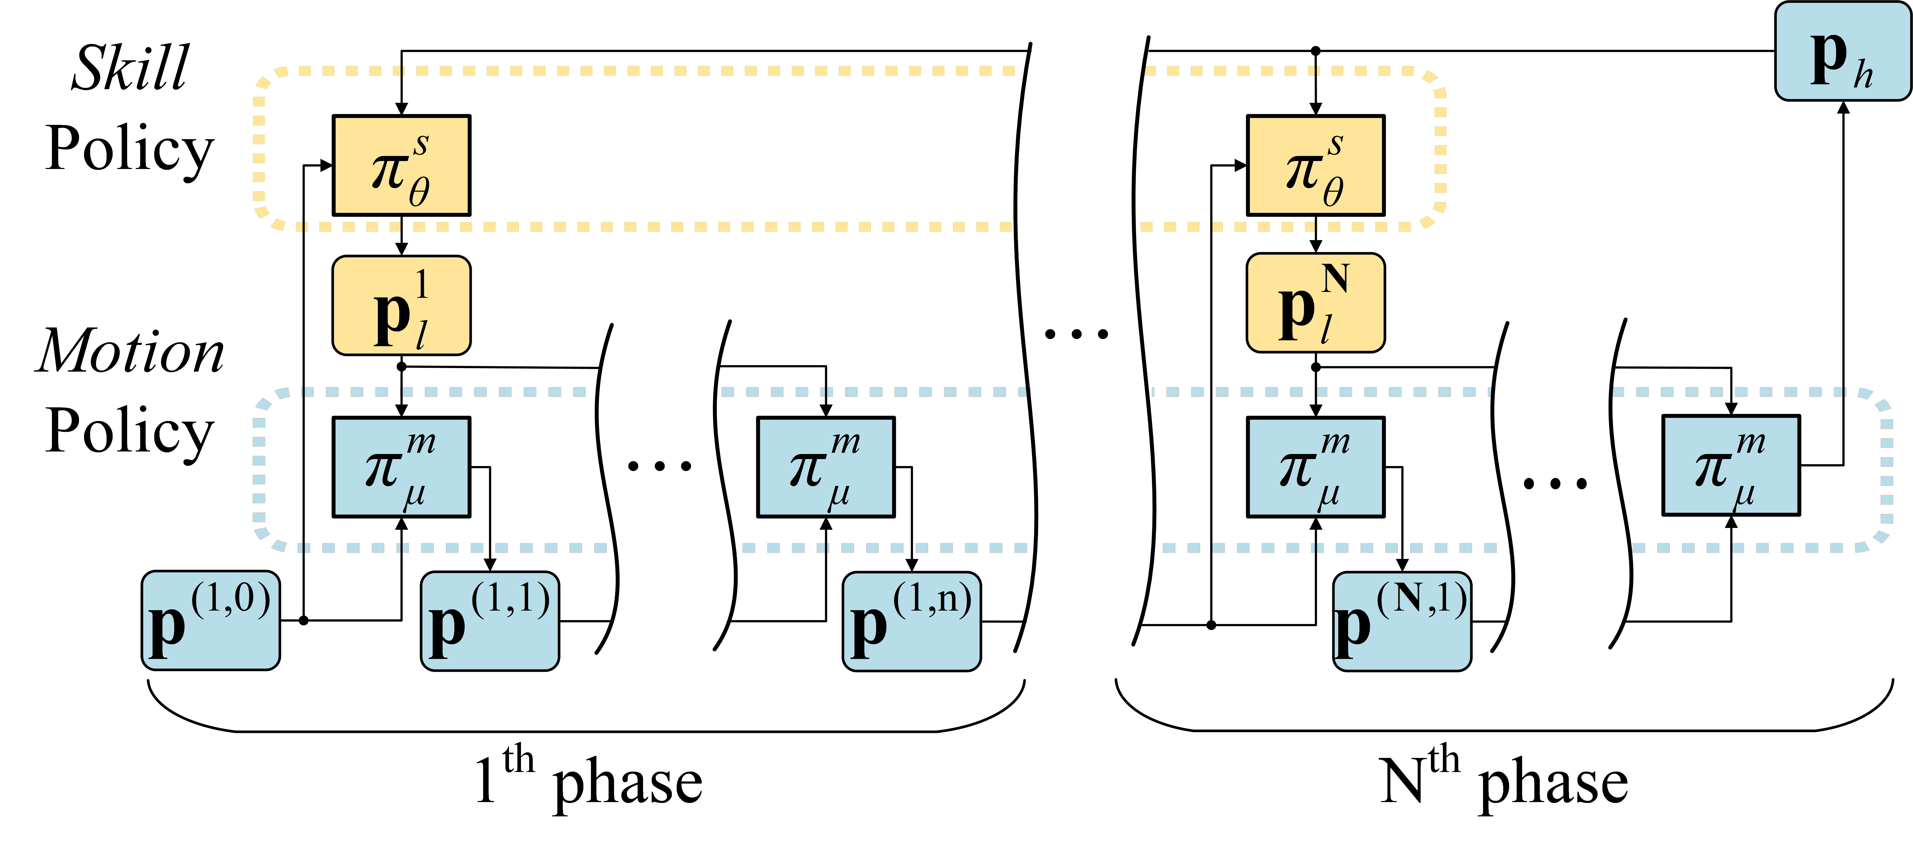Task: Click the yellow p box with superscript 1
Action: [401, 305]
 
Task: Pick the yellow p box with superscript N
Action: [1315, 302]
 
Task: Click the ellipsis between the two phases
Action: [1076, 334]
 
